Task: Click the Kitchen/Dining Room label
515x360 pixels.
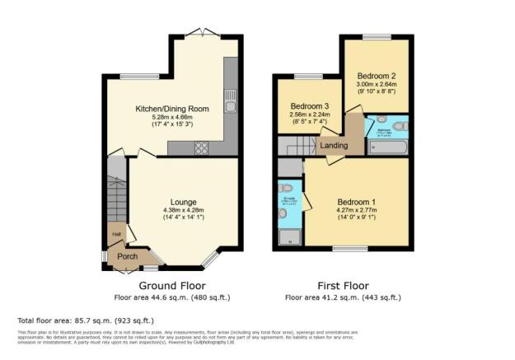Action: click(x=172, y=109)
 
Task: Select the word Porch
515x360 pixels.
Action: click(x=127, y=256)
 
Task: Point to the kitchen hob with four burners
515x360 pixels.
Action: click(x=201, y=148)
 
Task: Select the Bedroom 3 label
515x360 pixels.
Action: click(x=311, y=106)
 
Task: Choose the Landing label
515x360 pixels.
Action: click(x=333, y=147)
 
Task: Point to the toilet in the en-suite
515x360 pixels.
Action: click(x=284, y=213)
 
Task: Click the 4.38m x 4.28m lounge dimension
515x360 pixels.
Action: click(x=183, y=211)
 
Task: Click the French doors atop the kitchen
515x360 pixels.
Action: click(x=199, y=33)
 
